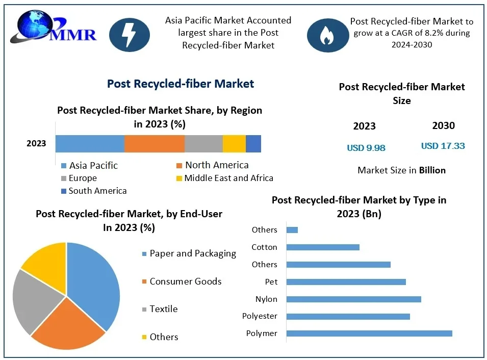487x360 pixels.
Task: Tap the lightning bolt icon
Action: tap(130, 35)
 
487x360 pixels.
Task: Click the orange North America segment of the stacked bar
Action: tap(154, 144)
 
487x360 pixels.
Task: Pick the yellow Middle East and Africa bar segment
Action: tap(234, 144)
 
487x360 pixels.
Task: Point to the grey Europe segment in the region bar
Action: tap(203, 144)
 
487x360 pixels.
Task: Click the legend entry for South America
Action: tap(94, 191)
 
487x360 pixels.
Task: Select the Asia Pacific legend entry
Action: tap(90, 165)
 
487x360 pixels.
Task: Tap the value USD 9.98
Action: tap(366, 148)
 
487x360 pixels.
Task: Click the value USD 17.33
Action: tap(443, 146)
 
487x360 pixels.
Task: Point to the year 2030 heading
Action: tap(443, 125)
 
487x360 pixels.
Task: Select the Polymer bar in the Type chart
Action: tap(369, 333)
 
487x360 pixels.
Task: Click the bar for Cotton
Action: tap(323, 247)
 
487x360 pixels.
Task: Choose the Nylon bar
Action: tap(353, 299)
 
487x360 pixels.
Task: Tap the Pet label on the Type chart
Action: tap(271, 281)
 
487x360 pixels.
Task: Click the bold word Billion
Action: tap(432, 170)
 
